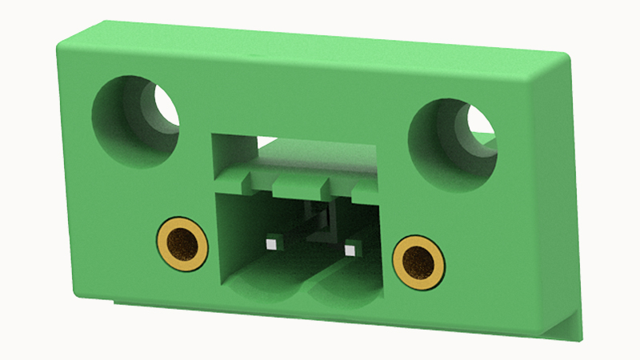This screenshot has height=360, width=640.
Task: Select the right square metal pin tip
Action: (x=348, y=250)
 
